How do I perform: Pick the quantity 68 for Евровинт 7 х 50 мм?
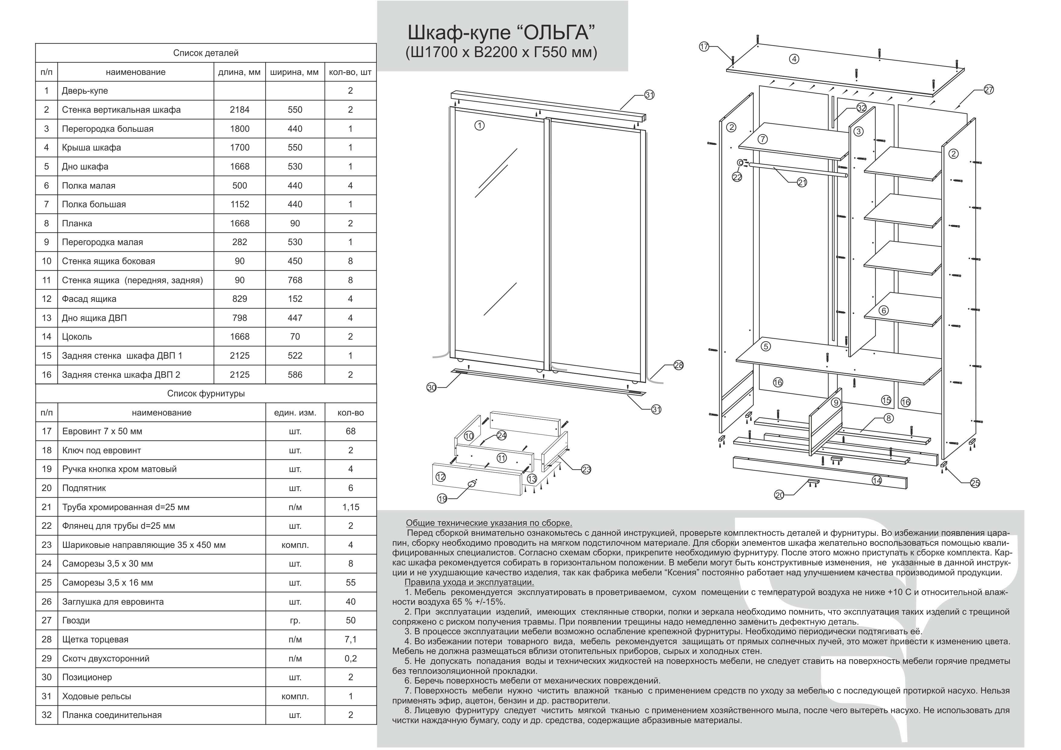tap(351, 431)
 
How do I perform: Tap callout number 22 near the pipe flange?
tap(737, 177)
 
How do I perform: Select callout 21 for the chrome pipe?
tap(802, 183)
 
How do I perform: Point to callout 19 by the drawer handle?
tap(442, 498)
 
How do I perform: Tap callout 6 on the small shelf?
tap(883, 310)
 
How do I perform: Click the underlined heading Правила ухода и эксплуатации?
tap(469, 582)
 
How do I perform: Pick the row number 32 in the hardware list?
tap(47, 715)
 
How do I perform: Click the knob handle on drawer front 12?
tap(471, 483)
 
